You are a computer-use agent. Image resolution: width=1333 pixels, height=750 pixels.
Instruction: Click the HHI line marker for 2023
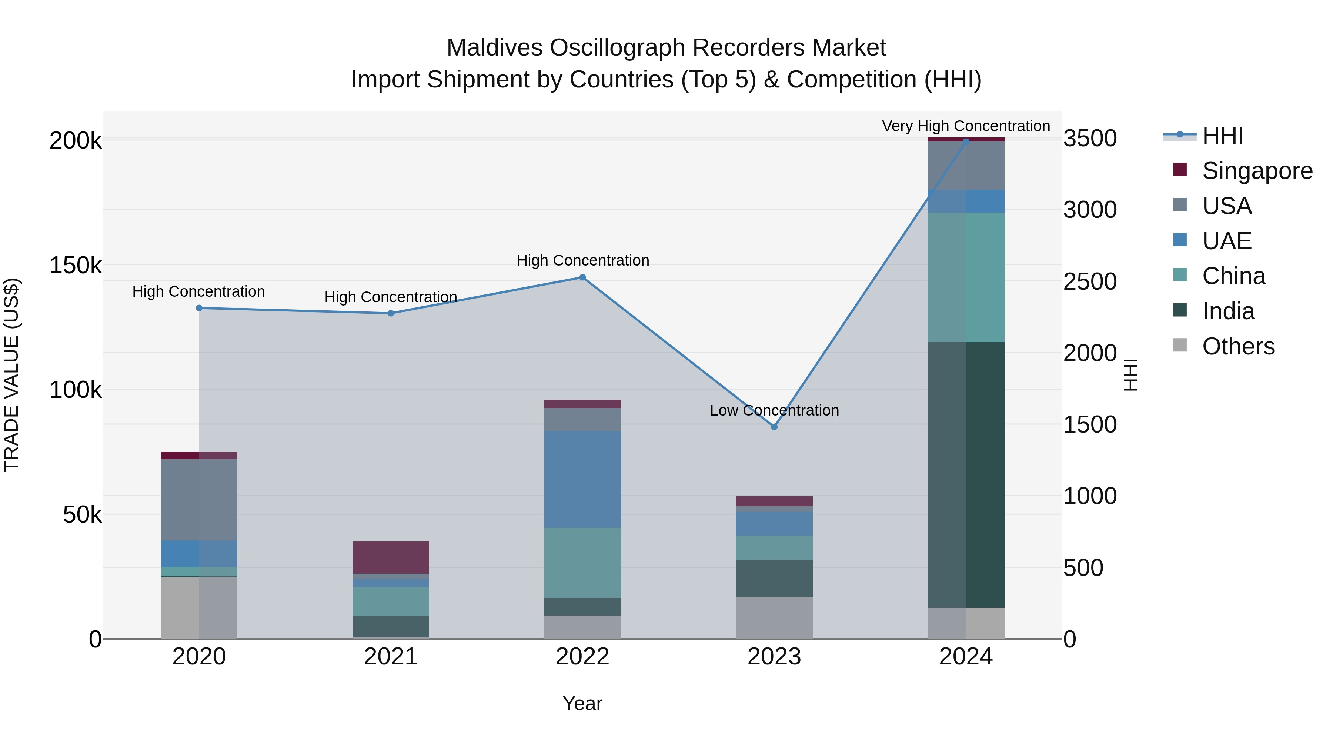(x=774, y=427)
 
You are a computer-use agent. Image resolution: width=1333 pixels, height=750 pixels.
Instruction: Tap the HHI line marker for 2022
(x=582, y=277)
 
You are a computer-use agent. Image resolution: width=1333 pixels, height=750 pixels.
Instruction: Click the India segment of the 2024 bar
(x=966, y=475)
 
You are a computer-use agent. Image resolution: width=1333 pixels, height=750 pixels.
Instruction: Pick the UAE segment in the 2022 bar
(x=582, y=479)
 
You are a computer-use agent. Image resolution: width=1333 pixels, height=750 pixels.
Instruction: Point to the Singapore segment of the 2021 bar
(x=391, y=557)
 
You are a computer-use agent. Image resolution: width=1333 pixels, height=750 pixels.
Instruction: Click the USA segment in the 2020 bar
(x=199, y=500)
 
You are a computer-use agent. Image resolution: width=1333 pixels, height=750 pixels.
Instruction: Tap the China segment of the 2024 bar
(x=966, y=277)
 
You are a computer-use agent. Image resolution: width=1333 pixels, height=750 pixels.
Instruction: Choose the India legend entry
(x=1228, y=311)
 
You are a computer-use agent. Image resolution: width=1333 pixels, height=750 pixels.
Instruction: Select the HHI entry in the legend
(x=1222, y=136)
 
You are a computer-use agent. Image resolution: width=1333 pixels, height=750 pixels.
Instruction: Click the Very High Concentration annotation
(x=966, y=126)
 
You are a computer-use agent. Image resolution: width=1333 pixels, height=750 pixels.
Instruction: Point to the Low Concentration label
(x=774, y=410)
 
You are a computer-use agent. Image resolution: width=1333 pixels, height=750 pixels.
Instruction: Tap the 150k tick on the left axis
(x=76, y=266)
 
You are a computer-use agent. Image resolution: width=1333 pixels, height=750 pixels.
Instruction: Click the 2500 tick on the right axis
(x=1090, y=281)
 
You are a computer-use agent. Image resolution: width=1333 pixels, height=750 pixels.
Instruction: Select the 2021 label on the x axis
(x=391, y=657)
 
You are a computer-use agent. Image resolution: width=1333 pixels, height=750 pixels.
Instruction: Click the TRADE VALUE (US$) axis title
(x=11, y=375)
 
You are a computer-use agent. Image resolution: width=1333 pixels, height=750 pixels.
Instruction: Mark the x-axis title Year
(x=582, y=703)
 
